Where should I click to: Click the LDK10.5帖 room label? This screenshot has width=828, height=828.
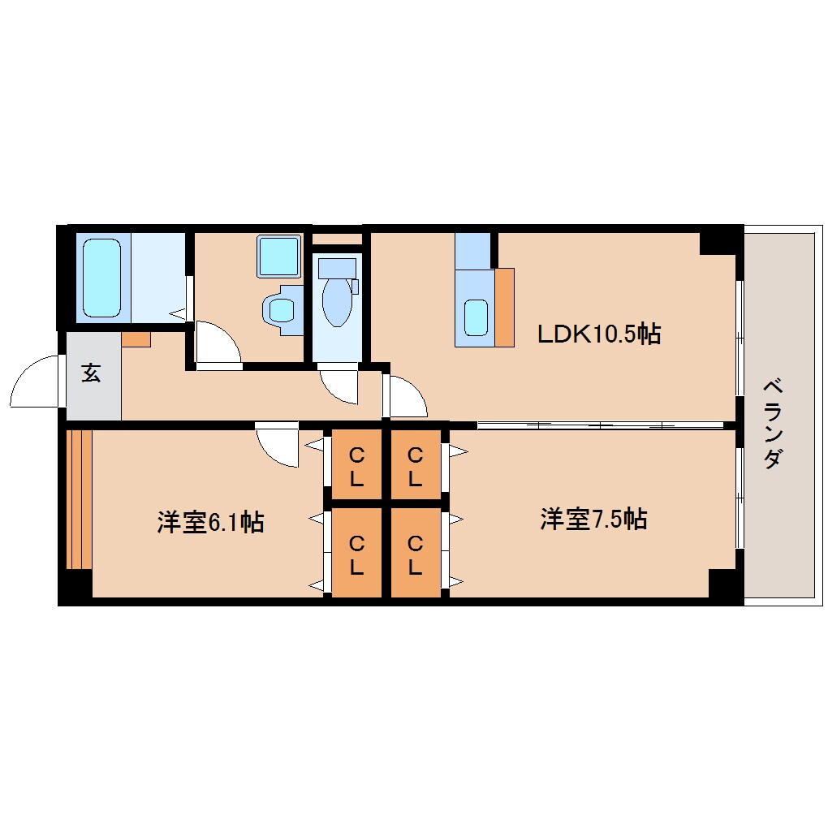599,334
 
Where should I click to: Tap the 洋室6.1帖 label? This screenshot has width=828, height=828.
210,522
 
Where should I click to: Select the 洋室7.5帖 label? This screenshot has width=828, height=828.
593,519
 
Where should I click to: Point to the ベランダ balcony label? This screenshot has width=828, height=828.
774,423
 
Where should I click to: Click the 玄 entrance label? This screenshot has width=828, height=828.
91,374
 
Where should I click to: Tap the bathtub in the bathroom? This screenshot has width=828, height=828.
101,278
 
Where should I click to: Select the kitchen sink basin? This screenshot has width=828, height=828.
476,316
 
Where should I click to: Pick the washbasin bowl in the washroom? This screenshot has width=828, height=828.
282,309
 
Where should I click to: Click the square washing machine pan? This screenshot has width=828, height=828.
278,255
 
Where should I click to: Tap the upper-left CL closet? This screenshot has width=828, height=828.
356,465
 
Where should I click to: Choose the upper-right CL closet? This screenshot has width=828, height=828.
415,465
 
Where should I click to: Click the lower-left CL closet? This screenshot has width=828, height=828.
356,554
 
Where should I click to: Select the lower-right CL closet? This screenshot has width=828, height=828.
415,554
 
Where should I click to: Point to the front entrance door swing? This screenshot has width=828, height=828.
37,383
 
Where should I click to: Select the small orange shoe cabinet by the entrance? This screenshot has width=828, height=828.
136,339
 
